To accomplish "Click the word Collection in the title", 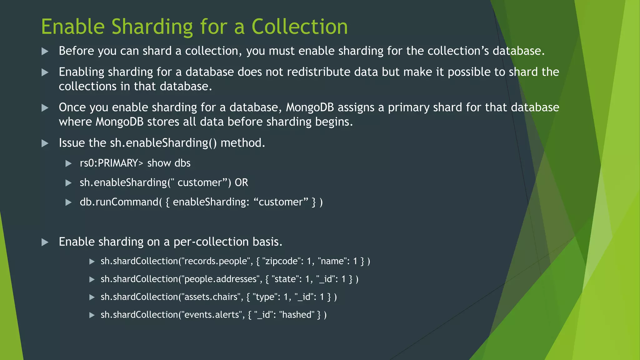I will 299,27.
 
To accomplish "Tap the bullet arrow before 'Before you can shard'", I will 45,51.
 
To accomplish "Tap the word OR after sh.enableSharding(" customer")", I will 241,182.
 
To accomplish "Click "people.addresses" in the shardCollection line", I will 220,279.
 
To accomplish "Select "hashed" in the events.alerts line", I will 297,314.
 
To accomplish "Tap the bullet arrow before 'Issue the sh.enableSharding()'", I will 45,143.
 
